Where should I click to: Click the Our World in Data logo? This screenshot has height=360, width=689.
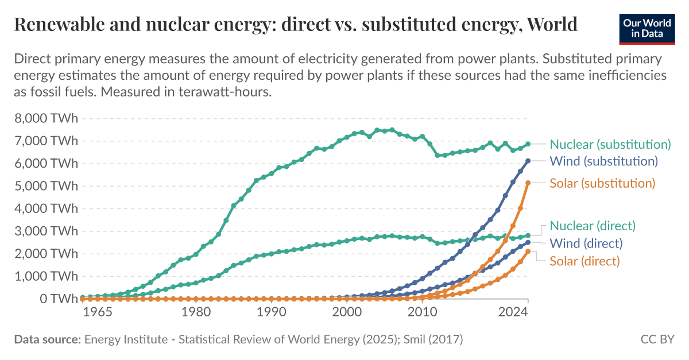point(647,27)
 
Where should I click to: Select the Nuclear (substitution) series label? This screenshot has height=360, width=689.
point(610,144)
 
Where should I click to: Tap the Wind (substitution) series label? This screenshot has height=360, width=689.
point(603,161)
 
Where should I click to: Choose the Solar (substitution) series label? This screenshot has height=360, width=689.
point(602,183)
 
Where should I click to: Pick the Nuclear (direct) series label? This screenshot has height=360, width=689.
point(593,226)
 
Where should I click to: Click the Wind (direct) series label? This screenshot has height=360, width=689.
point(586,243)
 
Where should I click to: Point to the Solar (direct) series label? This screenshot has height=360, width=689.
point(585,261)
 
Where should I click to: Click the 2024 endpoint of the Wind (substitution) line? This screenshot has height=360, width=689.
point(528,161)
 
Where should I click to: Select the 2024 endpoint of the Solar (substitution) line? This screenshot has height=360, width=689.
point(528,183)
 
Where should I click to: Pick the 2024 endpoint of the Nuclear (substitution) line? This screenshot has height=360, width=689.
point(528,144)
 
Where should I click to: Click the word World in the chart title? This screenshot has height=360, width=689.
point(552,25)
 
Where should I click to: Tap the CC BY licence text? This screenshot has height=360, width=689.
point(657,339)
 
